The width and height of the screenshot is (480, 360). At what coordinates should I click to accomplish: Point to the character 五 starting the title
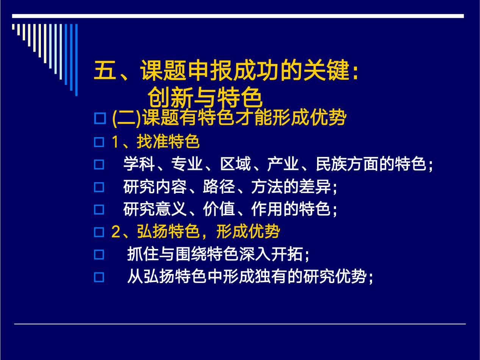(105, 70)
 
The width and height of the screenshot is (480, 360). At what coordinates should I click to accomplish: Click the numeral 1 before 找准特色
(116, 142)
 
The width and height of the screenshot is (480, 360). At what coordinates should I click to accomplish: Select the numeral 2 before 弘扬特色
(116, 232)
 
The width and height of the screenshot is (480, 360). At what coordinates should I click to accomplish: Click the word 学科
(139, 164)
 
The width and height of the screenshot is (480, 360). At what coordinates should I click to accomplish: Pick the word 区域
(235, 164)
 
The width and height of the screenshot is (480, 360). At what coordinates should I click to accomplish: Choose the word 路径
(219, 186)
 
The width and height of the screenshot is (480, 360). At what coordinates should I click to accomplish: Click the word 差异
(315, 186)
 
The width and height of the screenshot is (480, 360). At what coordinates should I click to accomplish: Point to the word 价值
(219, 209)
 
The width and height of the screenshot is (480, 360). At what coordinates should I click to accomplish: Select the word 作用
(267, 209)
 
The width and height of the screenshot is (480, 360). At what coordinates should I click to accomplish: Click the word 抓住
(143, 254)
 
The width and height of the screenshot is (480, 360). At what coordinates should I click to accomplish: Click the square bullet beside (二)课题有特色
(100, 118)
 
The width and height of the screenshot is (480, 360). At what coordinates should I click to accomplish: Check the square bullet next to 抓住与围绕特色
(99, 255)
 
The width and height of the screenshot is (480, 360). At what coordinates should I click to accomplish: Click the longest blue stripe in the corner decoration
(76, 60)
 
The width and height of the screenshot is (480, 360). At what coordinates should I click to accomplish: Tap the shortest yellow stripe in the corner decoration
(13, 27)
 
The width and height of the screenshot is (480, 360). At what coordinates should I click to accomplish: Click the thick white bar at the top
(238, 16)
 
